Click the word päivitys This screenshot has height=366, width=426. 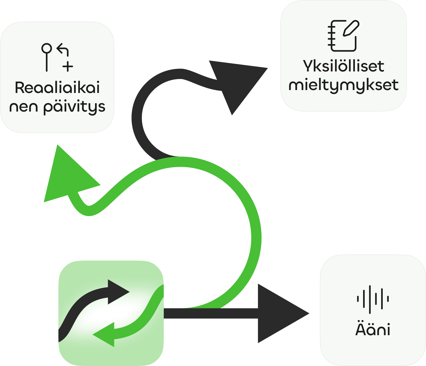74,107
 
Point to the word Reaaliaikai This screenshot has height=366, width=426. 57,87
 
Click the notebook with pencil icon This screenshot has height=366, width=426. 343,36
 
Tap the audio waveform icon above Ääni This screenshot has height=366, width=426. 373,299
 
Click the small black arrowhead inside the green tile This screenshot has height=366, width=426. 117,292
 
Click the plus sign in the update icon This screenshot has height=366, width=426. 68,66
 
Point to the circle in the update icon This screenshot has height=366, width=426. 47,48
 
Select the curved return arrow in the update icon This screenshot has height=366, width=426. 63,50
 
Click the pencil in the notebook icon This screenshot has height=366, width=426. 351,28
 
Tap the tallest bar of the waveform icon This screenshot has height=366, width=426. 370,300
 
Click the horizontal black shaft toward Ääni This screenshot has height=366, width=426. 211,313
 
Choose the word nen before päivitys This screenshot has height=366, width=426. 23,107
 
